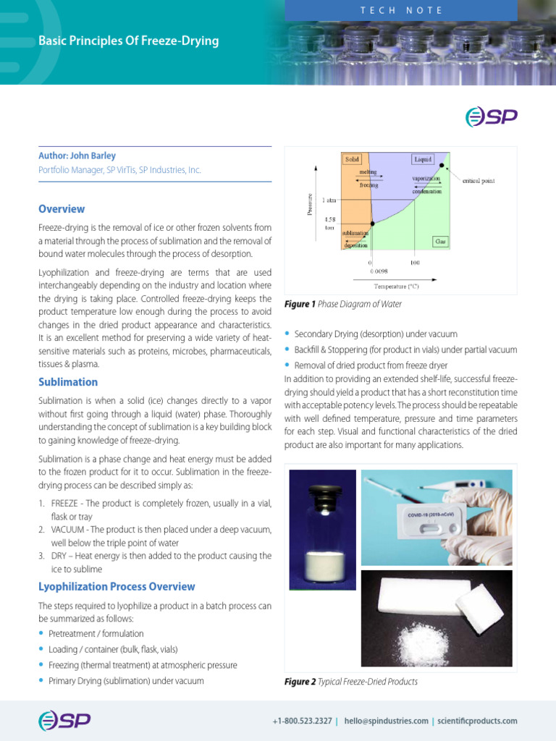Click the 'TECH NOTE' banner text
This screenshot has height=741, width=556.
401,10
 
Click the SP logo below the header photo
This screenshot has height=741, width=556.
490,117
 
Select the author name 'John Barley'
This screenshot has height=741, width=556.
93,156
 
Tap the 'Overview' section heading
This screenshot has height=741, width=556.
62,209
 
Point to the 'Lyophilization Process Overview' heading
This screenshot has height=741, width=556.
117,587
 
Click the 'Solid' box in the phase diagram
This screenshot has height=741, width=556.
352,158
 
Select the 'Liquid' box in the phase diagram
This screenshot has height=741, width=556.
423,158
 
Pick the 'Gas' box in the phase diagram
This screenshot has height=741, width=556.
439,241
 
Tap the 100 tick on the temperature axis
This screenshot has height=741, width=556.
416,263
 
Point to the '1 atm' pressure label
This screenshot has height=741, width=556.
329,200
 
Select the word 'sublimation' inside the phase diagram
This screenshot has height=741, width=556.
355,233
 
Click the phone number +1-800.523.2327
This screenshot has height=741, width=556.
302,721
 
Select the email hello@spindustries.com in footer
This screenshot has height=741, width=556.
387,721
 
